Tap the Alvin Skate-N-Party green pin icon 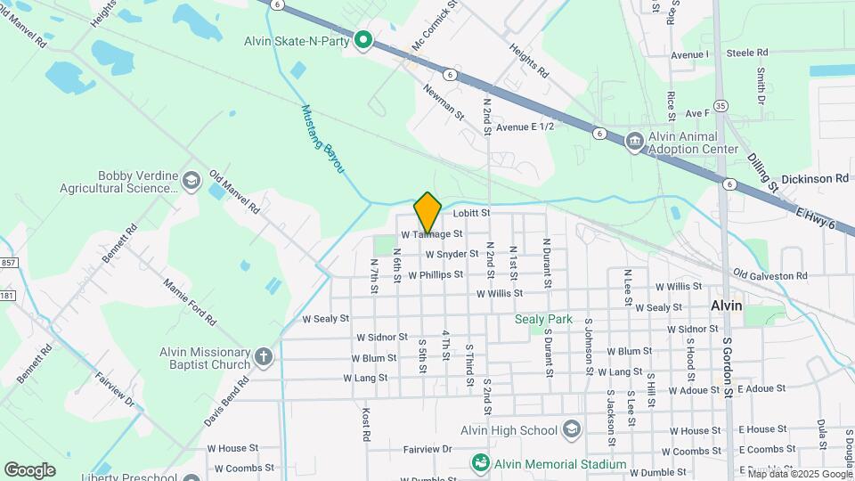(363, 40)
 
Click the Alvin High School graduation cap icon (571, 430)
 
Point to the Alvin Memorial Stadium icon (481, 464)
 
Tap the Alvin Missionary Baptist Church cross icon (263, 358)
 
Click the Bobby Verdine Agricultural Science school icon (191, 182)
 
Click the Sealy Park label (542, 318)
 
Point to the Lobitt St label (472, 214)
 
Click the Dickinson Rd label (816, 179)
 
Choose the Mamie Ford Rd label (187, 300)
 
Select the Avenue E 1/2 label (525, 127)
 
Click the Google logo (30, 469)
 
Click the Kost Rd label (365, 425)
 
